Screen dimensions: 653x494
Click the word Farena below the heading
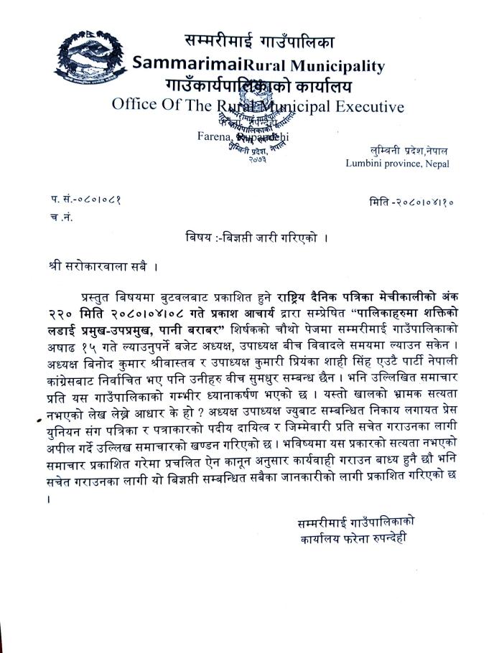tap(213, 136)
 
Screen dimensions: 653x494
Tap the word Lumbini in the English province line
tap(368, 163)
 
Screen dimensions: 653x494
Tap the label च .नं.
tap(62, 215)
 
